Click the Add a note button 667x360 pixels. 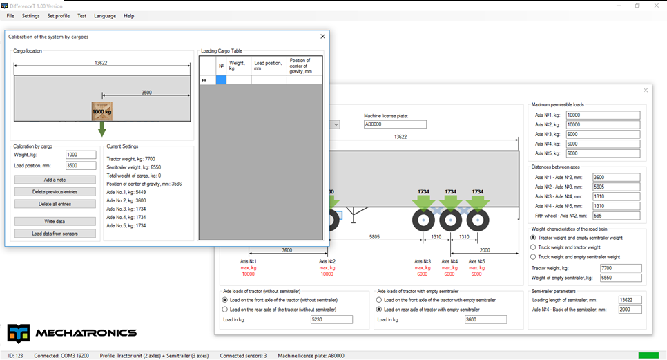55,180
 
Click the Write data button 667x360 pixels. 55,221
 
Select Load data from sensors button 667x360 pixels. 55,233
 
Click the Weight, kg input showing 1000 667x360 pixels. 81,155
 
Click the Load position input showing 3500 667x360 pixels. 81,166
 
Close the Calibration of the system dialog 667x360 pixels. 323,37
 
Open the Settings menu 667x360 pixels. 30,16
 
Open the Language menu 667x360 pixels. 105,16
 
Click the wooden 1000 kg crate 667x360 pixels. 101,111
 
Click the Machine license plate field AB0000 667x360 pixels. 395,124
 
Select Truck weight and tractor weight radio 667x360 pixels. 533,247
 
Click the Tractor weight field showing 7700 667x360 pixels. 621,268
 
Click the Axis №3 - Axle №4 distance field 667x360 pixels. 616,196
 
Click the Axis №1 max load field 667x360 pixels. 603,115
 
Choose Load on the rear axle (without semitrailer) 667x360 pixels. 225,310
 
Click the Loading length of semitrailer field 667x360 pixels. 630,300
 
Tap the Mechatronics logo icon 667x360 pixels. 18,333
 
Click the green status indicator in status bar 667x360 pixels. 648,355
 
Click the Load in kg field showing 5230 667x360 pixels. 331,319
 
